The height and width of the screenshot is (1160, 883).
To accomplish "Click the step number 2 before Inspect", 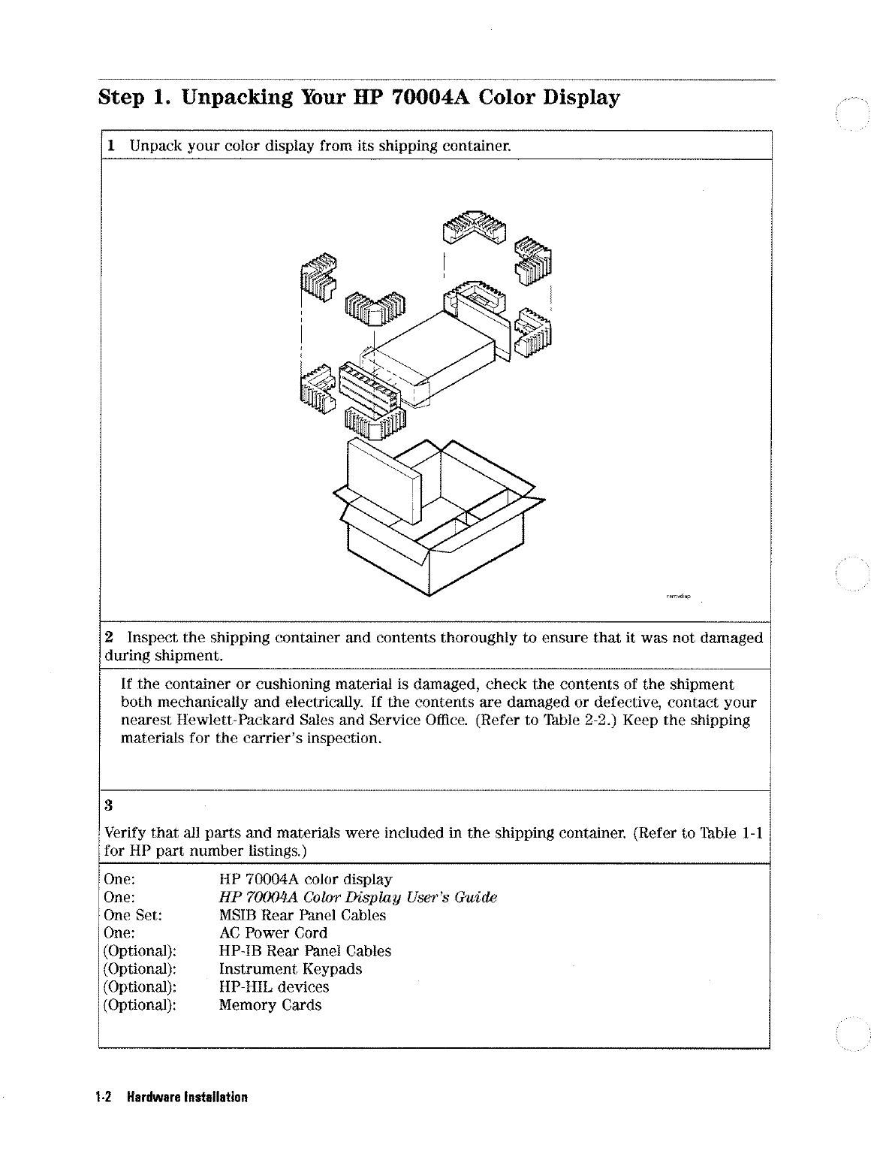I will [x=110, y=638].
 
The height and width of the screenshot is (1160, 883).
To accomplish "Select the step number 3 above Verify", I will [x=109, y=807].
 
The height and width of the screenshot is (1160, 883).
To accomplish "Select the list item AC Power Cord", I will [x=273, y=933].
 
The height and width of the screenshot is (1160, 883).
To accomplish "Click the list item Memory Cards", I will [x=270, y=1005].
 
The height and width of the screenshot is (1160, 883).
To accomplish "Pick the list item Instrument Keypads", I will [x=290, y=969].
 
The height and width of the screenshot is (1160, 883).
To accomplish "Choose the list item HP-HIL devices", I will [x=273, y=987].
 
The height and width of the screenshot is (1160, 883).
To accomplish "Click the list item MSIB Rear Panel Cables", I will [x=302, y=915].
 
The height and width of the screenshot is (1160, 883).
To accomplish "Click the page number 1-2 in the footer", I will [x=104, y=1097].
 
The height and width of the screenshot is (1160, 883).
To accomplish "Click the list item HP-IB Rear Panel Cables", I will [x=305, y=951].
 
